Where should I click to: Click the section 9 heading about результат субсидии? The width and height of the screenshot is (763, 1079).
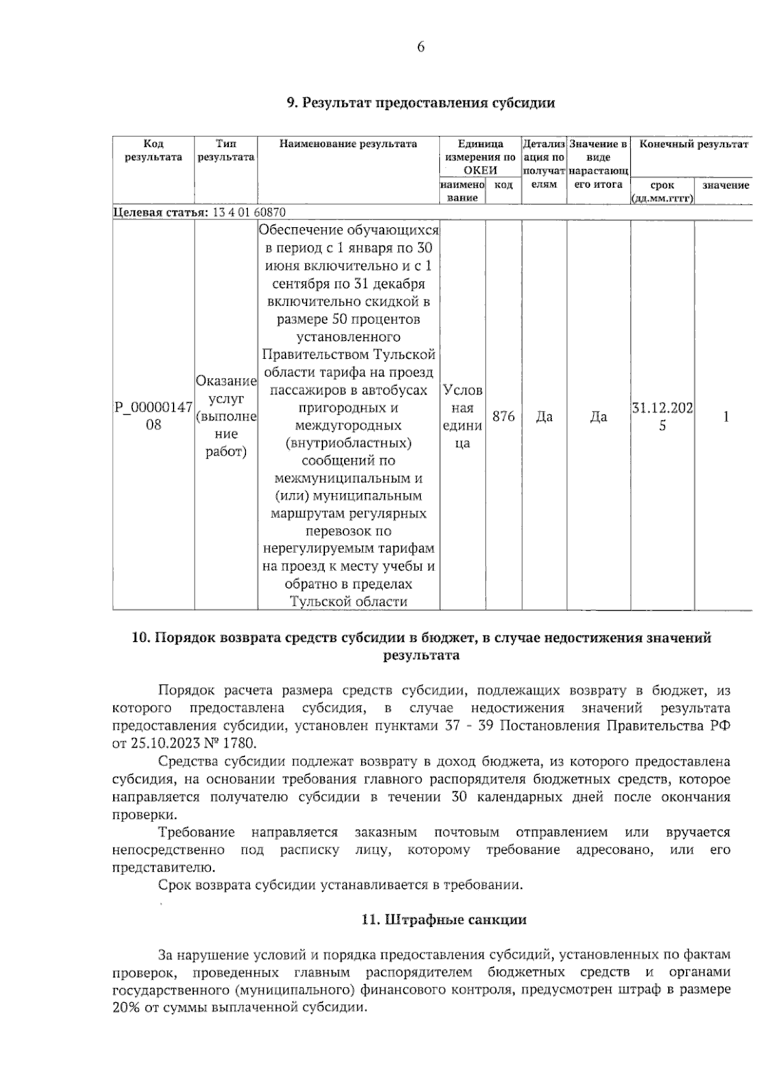coord(420,103)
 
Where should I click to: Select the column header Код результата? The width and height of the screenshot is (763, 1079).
coord(153,151)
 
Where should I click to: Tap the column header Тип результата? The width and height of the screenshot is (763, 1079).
coord(226,151)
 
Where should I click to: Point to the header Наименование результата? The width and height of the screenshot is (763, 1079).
coord(348,144)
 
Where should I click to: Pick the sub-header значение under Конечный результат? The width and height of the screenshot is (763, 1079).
coord(725,185)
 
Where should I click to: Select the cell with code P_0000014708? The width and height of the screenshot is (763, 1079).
coord(153,416)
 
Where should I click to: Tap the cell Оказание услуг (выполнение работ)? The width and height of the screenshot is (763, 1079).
coord(226,416)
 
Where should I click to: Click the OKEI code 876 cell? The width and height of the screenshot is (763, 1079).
coord(504,416)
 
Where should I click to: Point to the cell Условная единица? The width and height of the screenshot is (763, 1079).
coord(462,416)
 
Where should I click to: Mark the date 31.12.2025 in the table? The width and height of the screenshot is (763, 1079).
coord(662,416)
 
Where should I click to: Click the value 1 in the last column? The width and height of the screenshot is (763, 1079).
coord(725,416)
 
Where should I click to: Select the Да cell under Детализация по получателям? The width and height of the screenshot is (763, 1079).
coord(544,416)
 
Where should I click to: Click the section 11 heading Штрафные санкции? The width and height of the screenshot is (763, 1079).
coord(444,919)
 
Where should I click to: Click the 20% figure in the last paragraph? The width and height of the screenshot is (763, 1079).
coord(127,1008)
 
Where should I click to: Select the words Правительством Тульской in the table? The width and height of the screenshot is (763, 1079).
coord(348,354)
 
